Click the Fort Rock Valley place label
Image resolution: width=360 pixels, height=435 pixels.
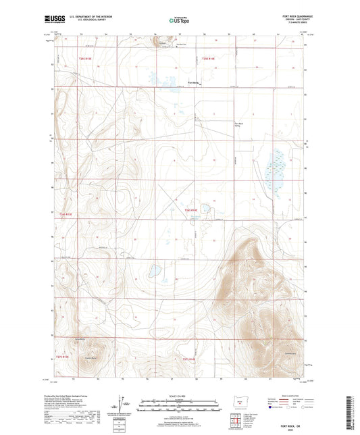tap(238, 124)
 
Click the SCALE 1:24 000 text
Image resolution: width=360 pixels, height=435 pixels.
tap(180, 396)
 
